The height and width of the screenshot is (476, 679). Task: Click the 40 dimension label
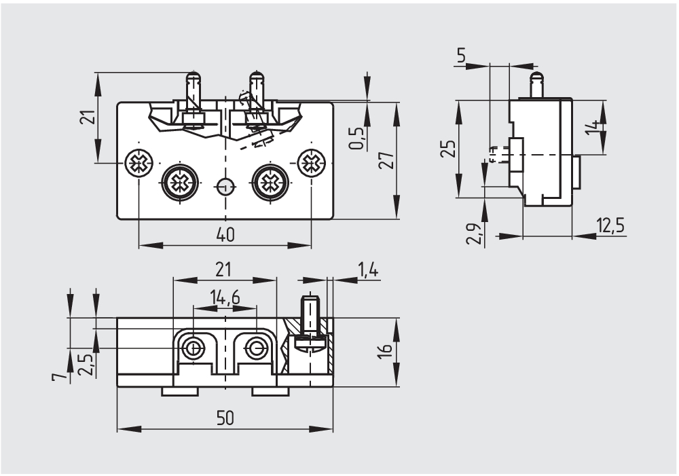(x=225, y=234)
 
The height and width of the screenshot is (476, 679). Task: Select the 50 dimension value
(x=225, y=418)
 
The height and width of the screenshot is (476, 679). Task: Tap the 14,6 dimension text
(x=225, y=297)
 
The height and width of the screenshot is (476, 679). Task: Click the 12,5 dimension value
(x=610, y=225)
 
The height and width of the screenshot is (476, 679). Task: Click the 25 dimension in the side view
(x=446, y=149)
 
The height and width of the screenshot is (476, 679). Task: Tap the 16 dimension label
(x=385, y=352)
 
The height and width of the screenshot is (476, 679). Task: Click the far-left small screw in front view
(x=139, y=162)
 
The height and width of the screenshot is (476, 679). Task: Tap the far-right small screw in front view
(x=312, y=162)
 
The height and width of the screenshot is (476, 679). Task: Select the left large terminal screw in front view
(x=180, y=182)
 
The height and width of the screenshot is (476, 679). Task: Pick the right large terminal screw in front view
(x=270, y=182)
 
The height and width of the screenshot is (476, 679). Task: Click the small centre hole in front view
(x=225, y=185)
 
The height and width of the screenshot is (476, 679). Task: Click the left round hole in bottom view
(x=195, y=348)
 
